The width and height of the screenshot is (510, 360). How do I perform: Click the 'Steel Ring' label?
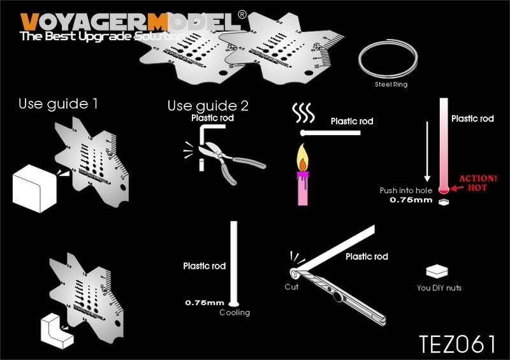391,84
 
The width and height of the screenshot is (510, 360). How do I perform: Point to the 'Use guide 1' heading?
58,103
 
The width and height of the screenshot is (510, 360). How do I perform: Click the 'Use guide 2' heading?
208,105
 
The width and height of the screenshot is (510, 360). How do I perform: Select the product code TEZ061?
457,343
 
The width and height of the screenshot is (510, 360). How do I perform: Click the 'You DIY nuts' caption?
439,288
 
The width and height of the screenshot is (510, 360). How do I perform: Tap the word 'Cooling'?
235,313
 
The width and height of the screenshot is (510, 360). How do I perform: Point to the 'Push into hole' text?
406,191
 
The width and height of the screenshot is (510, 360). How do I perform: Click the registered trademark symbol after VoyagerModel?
242,13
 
